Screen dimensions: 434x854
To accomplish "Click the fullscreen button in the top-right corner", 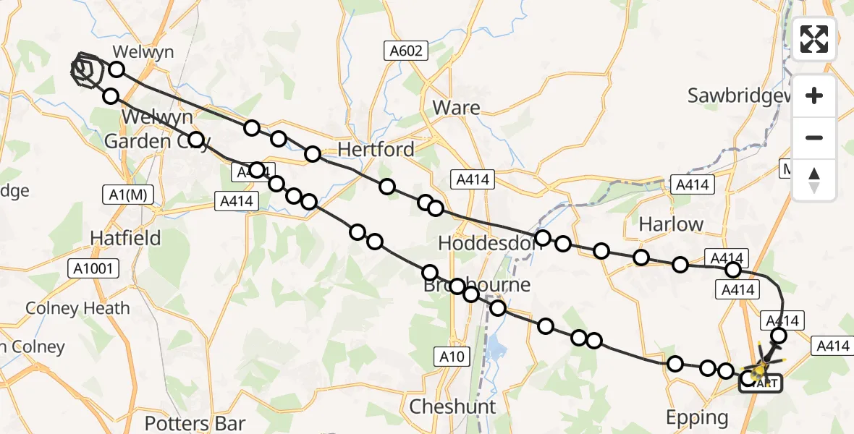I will [814, 39].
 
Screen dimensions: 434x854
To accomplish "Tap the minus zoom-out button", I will [814, 137].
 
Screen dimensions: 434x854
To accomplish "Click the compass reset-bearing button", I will [814, 179].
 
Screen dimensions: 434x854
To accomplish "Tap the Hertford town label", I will [376, 150].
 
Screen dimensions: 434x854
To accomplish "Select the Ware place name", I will [456, 108].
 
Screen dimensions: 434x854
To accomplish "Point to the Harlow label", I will [671, 224].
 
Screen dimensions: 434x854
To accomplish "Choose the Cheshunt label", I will [453, 407].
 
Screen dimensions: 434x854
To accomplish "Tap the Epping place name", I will [698, 417].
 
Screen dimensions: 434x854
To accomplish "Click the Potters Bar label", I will [195, 422].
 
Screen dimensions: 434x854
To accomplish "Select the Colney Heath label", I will [77, 308].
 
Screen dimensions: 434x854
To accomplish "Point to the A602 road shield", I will [406, 51].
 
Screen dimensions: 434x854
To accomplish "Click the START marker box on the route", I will [760, 383].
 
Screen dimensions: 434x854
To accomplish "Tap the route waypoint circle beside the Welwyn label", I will [116, 69].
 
